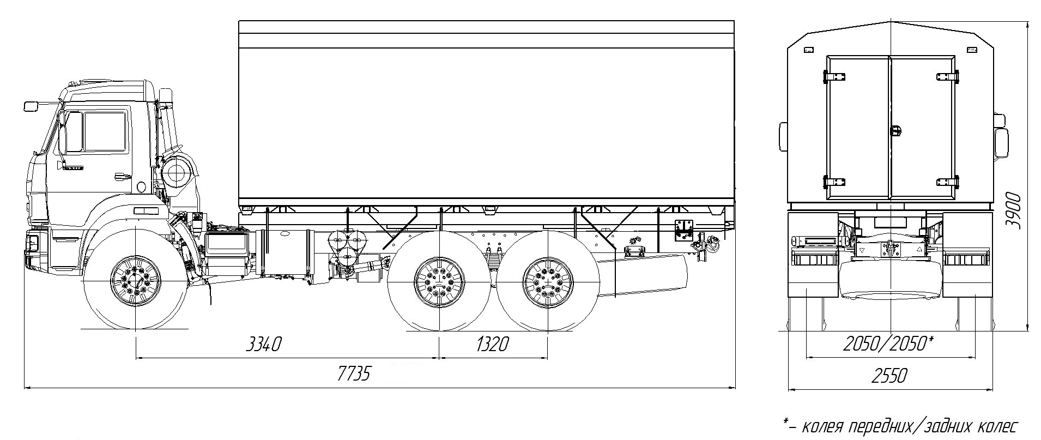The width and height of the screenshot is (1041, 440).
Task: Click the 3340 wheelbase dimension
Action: tap(264, 345)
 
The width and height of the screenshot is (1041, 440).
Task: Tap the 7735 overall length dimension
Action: tap(353, 374)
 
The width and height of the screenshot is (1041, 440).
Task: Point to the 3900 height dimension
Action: tap(1013, 210)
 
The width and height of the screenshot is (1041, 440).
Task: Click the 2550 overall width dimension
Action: tap(889, 376)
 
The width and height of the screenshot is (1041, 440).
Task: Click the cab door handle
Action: tap(123, 176)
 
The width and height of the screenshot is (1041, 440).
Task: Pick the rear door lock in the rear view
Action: tap(895, 130)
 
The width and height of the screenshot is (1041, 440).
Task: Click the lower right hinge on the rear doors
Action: tap(947, 182)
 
